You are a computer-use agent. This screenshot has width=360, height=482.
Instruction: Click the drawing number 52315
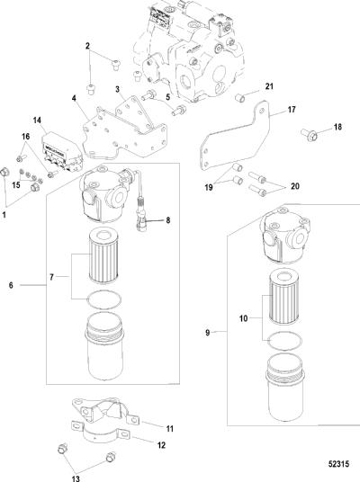(338, 463)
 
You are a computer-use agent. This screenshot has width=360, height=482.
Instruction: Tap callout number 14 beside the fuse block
(37, 120)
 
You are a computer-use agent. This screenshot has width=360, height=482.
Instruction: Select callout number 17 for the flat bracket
(292, 110)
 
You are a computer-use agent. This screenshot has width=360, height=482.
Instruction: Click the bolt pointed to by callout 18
(309, 135)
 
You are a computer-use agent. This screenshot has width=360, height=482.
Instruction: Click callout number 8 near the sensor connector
(167, 220)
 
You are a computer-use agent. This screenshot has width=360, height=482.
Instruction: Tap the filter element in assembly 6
(104, 256)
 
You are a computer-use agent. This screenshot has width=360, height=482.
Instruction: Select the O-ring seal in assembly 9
(285, 341)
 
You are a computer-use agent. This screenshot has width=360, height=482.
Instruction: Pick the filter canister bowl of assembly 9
(285, 388)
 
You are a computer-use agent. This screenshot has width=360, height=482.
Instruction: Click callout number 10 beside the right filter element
(243, 318)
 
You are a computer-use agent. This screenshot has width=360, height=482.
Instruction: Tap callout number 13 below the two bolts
(76, 478)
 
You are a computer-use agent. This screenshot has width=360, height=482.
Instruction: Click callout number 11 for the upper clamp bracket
(170, 429)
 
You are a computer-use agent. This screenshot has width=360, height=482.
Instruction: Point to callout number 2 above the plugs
(87, 46)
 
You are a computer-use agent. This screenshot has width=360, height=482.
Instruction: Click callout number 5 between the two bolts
(167, 97)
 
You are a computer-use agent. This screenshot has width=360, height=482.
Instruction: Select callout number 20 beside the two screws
(295, 186)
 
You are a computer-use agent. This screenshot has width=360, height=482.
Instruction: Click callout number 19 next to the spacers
(209, 187)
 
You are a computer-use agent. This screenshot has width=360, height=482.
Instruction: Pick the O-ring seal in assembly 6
(104, 299)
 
